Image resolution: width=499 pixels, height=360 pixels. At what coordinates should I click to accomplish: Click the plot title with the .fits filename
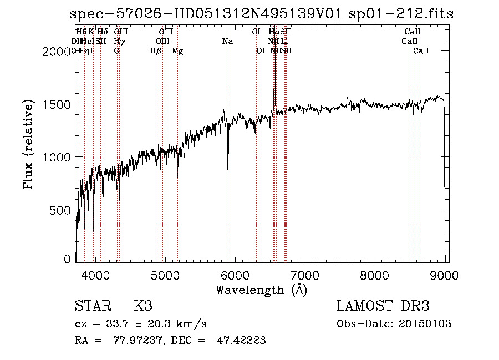tap(262, 14)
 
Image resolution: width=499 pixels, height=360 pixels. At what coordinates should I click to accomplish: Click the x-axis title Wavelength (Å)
tap(261, 290)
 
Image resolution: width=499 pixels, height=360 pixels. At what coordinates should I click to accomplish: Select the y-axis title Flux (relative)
tap(29, 144)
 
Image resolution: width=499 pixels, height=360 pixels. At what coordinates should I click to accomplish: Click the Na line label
tap(227, 42)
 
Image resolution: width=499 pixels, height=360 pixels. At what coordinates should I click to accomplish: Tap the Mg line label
tap(177, 51)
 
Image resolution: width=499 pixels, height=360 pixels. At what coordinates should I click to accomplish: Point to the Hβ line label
tap(156, 51)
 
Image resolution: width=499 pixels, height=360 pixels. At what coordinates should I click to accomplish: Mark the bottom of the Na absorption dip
tap(228, 171)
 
